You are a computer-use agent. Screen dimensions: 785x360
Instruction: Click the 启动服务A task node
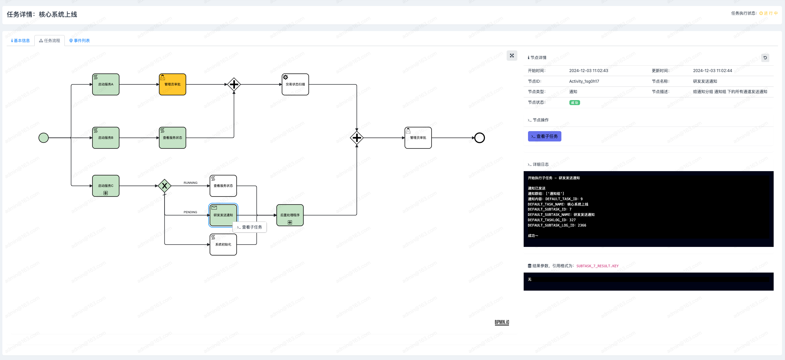tap(106, 84)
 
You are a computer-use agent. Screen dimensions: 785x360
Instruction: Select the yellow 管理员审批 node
tap(173, 84)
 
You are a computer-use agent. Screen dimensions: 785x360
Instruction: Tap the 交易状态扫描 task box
tap(295, 84)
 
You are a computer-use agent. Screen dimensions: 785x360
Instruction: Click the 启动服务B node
tap(106, 138)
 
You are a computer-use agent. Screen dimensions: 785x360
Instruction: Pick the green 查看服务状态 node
tap(173, 138)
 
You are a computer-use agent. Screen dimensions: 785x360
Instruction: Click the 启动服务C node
tap(106, 186)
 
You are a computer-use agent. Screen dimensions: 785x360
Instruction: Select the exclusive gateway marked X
tap(165, 186)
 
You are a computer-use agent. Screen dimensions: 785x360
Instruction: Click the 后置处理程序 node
tap(290, 215)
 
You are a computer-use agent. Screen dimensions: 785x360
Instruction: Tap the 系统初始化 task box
tap(223, 245)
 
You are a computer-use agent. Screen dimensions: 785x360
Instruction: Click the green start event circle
tap(44, 138)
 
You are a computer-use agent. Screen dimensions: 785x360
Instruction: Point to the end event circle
tap(480, 138)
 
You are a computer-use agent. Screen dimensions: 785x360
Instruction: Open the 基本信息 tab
tap(20, 41)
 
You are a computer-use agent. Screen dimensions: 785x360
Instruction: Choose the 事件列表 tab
tap(79, 41)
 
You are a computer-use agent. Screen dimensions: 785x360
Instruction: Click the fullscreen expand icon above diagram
tap(512, 56)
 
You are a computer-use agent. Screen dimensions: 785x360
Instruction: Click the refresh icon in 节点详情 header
tap(765, 58)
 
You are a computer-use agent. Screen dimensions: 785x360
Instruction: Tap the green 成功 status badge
tap(574, 103)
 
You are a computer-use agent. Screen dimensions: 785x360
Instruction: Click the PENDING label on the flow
tap(190, 212)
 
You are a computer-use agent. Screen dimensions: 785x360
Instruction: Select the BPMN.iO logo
tap(502, 322)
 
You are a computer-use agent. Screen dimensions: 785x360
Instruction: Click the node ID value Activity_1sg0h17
tap(584, 81)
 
